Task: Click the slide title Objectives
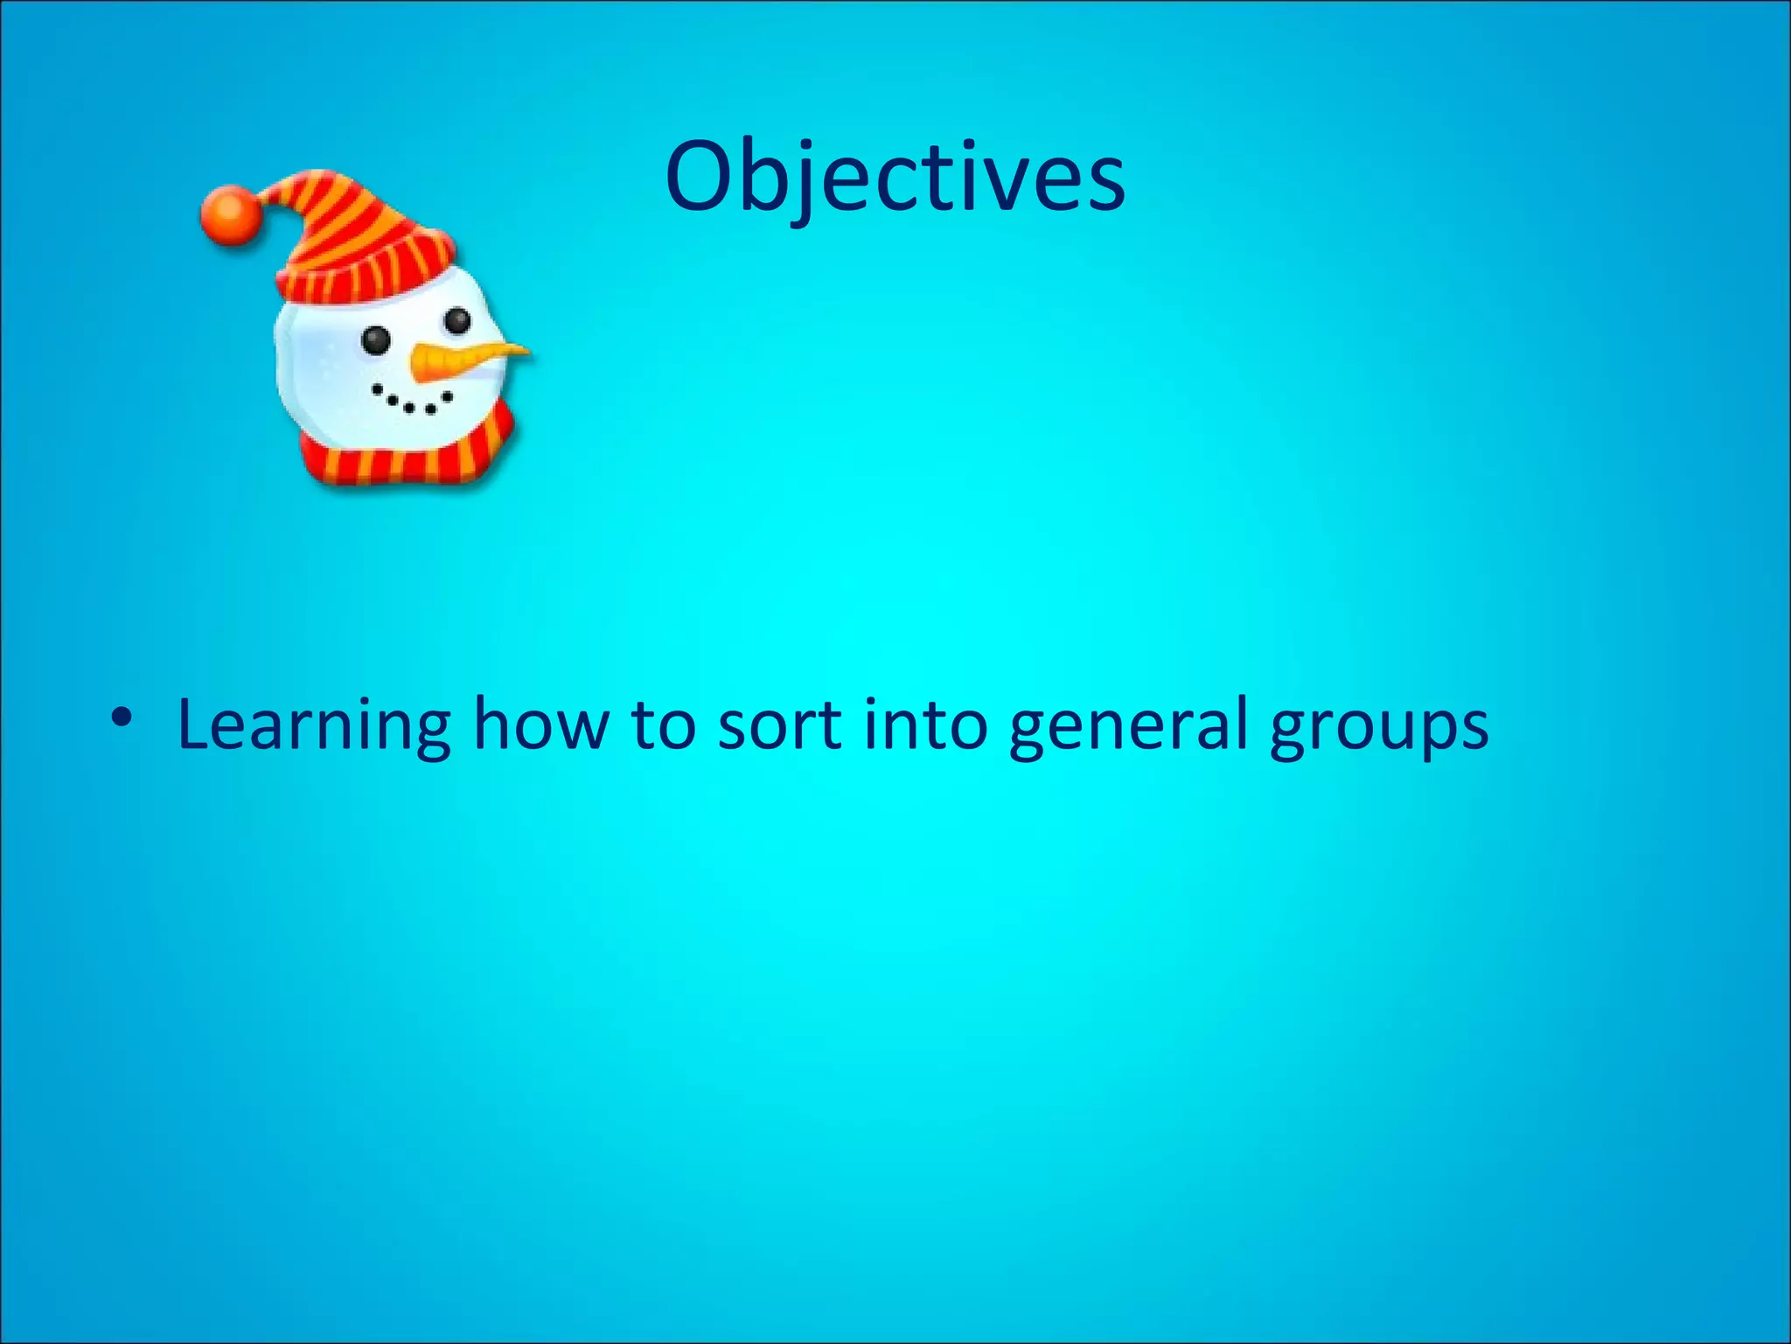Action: point(895,178)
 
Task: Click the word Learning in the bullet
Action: point(314,724)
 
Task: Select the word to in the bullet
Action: point(663,724)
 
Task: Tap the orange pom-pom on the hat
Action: point(229,214)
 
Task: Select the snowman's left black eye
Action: point(376,339)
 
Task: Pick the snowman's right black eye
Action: point(457,320)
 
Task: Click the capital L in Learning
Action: point(197,724)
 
